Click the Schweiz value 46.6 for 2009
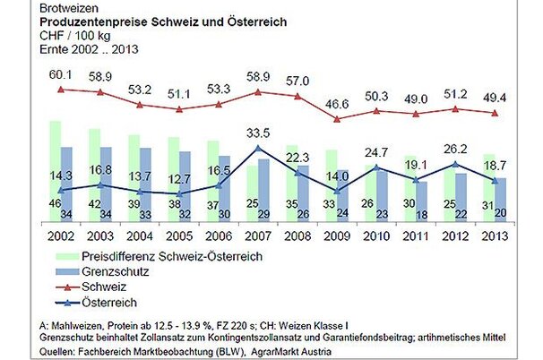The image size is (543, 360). [337, 105]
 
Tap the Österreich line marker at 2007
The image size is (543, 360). [258, 148]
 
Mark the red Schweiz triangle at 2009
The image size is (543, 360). [337, 118]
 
